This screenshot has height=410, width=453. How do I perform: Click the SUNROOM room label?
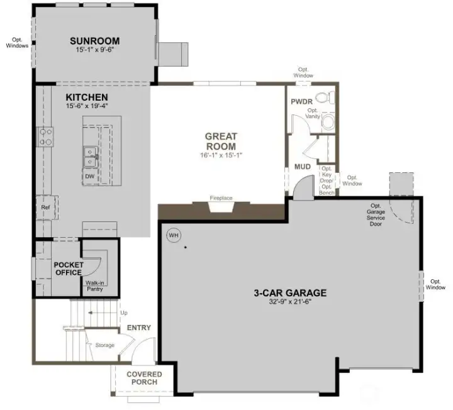(94, 42)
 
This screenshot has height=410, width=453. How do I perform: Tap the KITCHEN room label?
(87, 97)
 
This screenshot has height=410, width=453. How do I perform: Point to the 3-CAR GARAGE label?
(290, 292)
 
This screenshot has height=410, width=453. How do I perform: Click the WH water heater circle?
(173, 236)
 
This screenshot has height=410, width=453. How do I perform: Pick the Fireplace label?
(221, 198)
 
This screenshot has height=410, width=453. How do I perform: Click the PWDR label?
(301, 101)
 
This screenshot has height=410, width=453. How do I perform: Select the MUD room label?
(303, 167)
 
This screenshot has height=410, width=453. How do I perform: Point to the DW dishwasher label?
(89, 177)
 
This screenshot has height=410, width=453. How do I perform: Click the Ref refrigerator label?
(45, 206)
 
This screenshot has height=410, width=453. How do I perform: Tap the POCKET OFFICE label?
(69, 269)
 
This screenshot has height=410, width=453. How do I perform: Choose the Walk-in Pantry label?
(95, 286)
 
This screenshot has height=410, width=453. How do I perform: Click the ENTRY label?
(138, 328)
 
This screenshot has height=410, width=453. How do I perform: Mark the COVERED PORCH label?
(145, 378)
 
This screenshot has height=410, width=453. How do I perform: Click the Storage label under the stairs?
(105, 345)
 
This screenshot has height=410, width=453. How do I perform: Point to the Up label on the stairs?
(123, 312)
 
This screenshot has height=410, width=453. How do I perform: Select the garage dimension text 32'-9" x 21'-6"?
(290, 302)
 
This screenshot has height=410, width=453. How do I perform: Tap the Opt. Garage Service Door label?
(376, 214)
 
